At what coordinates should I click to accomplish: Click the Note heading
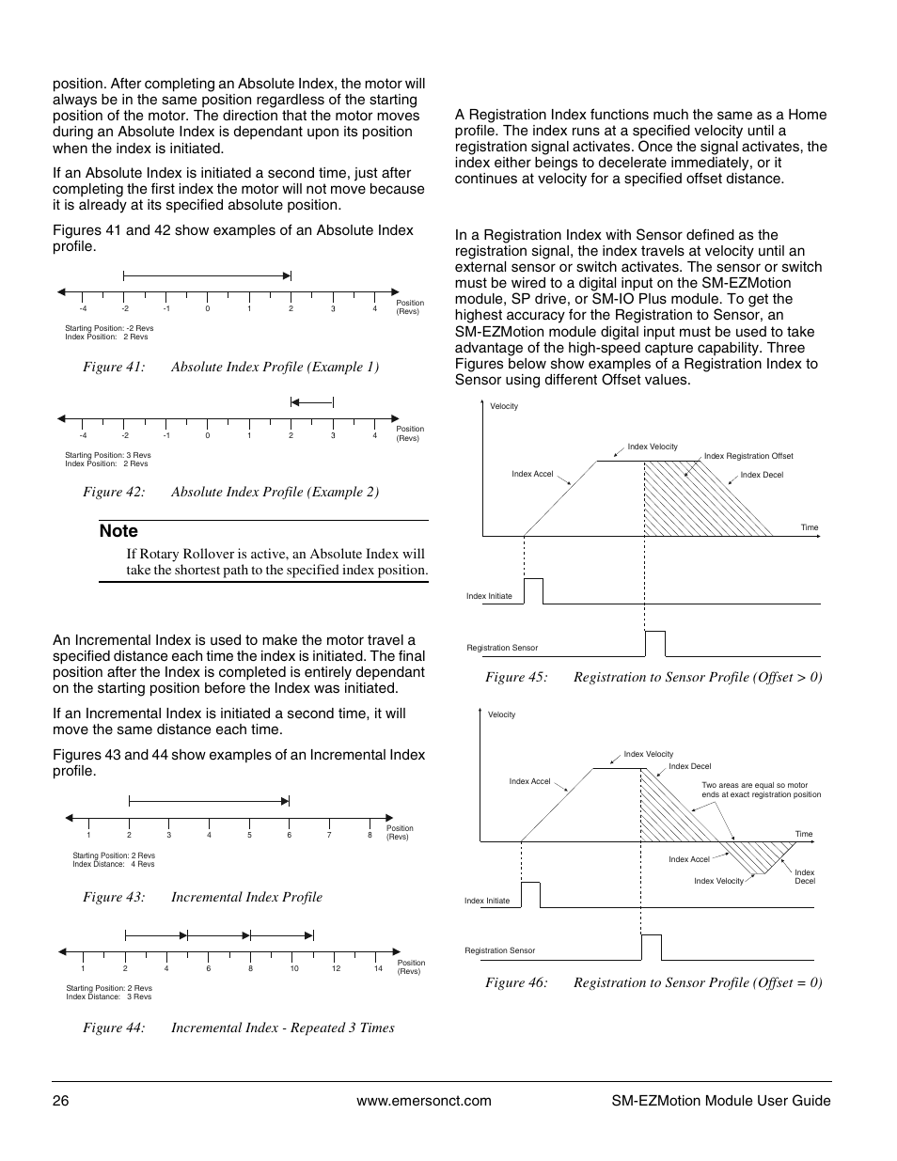(x=118, y=531)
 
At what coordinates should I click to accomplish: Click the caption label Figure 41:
(x=114, y=367)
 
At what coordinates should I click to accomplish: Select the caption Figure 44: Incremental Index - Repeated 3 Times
(x=239, y=1028)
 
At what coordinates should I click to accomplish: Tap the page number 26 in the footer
(x=60, y=1101)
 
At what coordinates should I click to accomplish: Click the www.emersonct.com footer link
(x=425, y=1101)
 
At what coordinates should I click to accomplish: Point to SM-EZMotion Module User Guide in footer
(x=715, y=1101)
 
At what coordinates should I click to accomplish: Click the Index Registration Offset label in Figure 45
(x=748, y=456)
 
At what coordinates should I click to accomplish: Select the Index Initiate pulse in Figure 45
(x=533, y=591)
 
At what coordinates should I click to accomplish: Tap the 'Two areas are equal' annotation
(x=761, y=790)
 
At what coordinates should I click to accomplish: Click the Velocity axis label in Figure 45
(x=504, y=406)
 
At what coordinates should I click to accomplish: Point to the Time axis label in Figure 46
(x=804, y=834)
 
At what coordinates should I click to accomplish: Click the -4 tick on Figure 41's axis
(x=83, y=309)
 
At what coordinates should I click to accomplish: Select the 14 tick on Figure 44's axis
(x=378, y=969)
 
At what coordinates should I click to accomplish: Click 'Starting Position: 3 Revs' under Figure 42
(x=107, y=455)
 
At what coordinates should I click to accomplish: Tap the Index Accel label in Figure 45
(x=532, y=474)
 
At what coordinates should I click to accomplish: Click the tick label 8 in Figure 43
(x=370, y=835)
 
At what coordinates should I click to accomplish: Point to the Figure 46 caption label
(x=516, y=982)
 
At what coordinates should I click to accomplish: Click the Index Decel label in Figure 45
(x=762, y=475)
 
